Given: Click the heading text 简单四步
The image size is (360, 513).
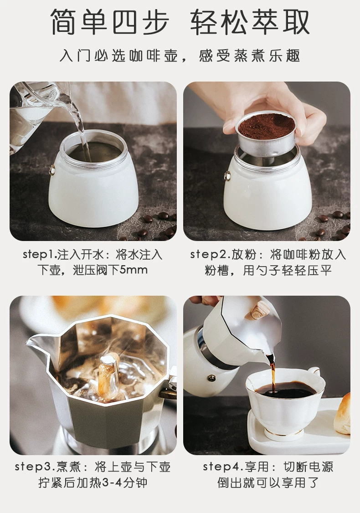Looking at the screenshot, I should coord(110,22).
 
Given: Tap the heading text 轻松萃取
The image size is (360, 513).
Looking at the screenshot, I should coord(250,22).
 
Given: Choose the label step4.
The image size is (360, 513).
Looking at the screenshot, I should coord(224,467).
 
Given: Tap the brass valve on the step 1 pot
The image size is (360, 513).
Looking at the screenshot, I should coord(52,170).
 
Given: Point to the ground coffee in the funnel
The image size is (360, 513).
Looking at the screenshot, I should coord(266,124).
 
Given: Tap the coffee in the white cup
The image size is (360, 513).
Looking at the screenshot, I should coord(285,390).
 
